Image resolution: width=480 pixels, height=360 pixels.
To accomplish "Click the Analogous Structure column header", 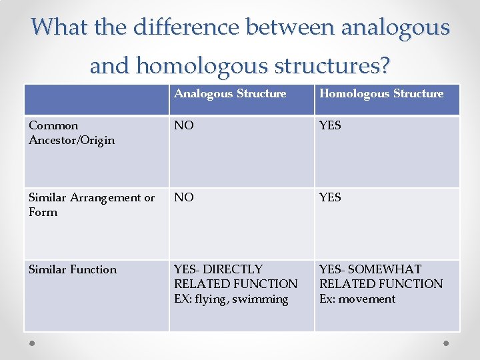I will [x=230, y=94].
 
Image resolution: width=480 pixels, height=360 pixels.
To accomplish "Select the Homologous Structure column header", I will [x=381, y=94].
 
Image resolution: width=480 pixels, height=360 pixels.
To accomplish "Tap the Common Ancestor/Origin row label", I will [x=71, y=133].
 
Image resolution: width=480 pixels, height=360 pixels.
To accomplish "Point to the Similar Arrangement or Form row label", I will [x=91, y=205].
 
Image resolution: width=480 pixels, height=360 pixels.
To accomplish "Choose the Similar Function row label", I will [x=73, y=269].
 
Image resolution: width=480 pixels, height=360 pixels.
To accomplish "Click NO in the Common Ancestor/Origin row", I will [x=184, y=125].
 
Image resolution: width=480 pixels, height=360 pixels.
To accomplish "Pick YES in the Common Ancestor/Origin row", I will [x=330, y=125].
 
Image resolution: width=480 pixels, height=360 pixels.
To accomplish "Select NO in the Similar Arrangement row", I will [x=184, y=197].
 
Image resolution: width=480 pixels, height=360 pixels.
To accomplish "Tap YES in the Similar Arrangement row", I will [x=330, y=197].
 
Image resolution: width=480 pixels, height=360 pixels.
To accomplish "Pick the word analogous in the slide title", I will [x=395, y=27].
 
